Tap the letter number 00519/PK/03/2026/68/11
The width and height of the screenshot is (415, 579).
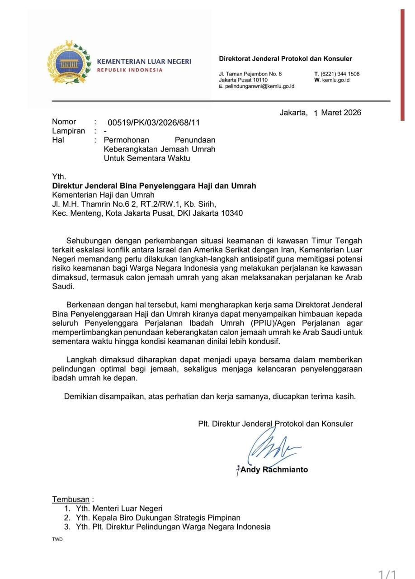154,123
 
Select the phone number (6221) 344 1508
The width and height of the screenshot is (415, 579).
340,74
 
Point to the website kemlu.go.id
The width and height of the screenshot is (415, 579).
336,80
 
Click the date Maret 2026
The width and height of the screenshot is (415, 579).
341,113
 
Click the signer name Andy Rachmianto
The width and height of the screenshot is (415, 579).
274,470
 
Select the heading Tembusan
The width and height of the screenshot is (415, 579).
71,499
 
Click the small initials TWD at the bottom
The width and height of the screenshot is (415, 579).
57,540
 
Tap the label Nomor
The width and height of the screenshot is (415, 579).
64,122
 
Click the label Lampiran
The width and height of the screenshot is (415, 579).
69,131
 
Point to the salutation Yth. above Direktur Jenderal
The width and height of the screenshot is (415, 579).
59,177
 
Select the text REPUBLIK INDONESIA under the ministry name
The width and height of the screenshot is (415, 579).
130,70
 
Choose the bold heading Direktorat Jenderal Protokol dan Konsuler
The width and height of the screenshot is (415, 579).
285,59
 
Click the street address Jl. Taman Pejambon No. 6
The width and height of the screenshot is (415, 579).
250,74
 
